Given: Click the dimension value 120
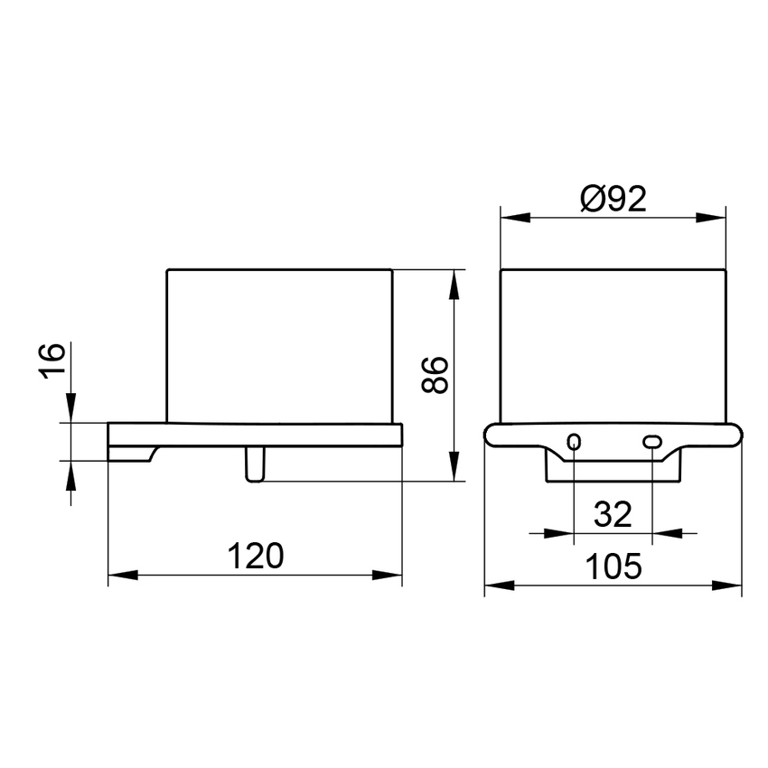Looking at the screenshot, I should click(256, 555).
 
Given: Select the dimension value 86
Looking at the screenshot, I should click(435, 375).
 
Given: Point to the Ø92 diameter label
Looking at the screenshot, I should click(614, 199).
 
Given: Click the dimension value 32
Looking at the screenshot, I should click(613, 515).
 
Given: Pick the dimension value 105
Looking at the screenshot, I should click(613, 567).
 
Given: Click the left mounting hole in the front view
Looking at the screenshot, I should click(574, 442).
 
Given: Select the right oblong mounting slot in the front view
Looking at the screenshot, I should click(652, 442).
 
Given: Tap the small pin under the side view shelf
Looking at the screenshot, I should click(255, 464).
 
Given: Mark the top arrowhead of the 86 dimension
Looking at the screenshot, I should click(454, 280).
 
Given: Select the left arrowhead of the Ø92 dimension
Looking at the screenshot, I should click(512, 217).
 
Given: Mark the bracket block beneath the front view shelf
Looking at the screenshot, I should click(613, 468).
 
